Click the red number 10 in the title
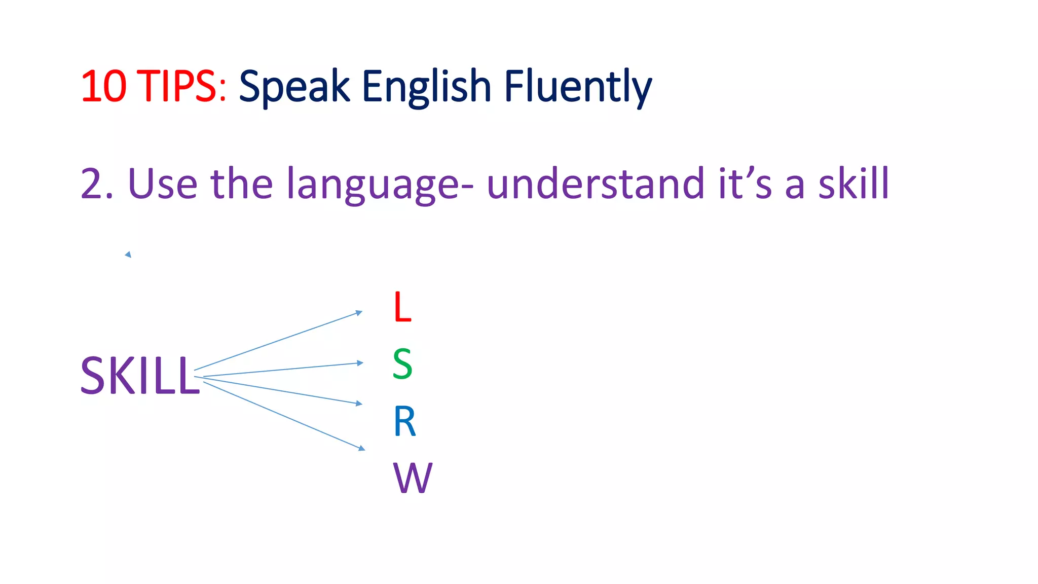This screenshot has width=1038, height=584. tap(103, 86)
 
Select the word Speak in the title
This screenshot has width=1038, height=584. tap(294, 87)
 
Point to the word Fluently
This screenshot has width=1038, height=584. tap(578, 87)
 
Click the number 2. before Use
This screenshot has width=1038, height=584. tap(96, 184)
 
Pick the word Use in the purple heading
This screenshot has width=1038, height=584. tap(163, 184)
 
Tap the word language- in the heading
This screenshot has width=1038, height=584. tap(380, 185)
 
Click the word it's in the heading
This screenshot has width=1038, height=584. tap(745, 184)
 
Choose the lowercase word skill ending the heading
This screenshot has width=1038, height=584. tap(854, 184)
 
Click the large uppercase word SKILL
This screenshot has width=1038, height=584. tap(140, 376)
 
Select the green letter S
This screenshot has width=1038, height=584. tap(402, 364)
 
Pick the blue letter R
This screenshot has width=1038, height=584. tap(404, 421)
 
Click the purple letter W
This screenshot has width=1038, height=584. tap(413, 478)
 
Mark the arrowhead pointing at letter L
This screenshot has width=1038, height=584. tap(359, 313)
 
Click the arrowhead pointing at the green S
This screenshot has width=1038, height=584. tap(360, 363)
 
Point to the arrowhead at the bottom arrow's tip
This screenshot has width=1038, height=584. tap(362, 448)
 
